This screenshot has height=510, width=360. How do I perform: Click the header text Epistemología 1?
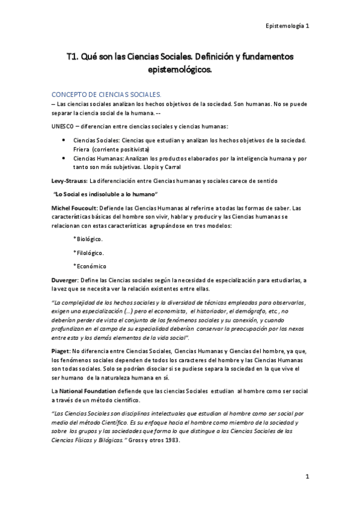287,26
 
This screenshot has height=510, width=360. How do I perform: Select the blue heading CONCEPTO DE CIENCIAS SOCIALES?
106,94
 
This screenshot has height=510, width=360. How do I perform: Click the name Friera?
87,149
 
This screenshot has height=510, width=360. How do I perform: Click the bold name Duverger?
66,280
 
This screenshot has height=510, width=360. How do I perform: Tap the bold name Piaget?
61,349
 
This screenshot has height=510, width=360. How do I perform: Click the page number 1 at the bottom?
307,477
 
